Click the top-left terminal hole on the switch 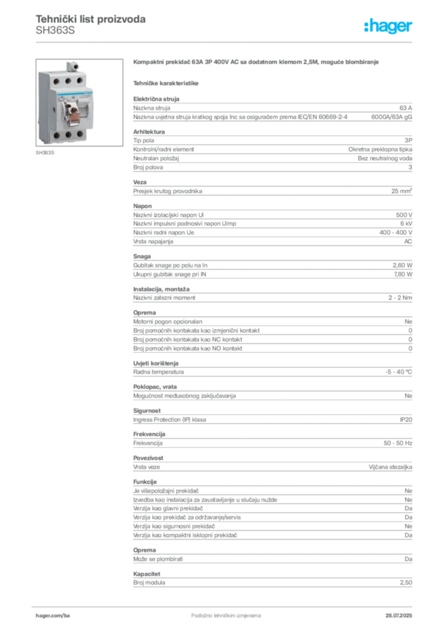[x=49, y=80]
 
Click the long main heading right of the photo [x=258, y=63]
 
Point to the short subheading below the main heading [x=167, y=83]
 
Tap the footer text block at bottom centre [x=218, y=611]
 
